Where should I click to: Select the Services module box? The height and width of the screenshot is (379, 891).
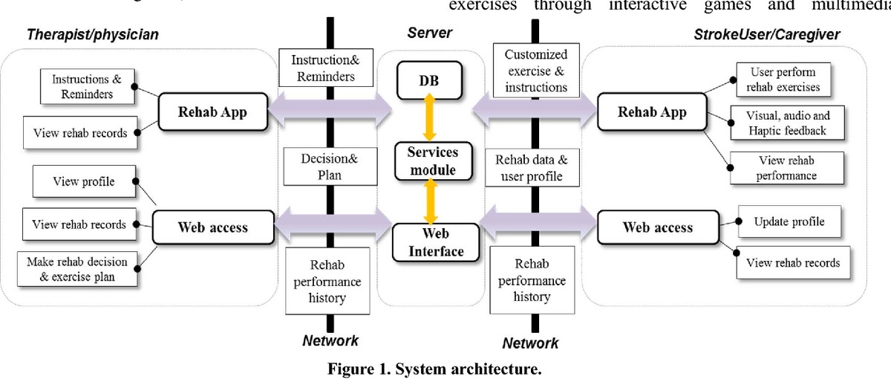[x=431, y=160]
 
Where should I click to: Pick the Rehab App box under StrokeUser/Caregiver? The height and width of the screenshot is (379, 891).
[x=653, y=112]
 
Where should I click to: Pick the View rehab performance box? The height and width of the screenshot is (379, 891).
[x=786, y=168]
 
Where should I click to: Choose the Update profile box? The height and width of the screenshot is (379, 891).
[x=788, y=221]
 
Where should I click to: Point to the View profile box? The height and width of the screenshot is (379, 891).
[x=83, y=181]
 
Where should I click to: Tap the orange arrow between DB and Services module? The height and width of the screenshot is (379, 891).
[x=429, y=119]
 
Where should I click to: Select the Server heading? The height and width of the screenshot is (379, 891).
[x=430, y=33]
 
